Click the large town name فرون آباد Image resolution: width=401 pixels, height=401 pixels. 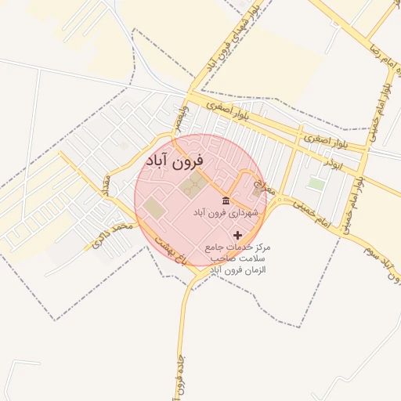(x=173, y=161)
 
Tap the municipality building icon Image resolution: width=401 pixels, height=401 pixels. (x=226, y=201)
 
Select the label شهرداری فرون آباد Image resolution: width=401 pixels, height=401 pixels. (x=222, y=213)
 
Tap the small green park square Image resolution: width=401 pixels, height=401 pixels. (x=316, y=184)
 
